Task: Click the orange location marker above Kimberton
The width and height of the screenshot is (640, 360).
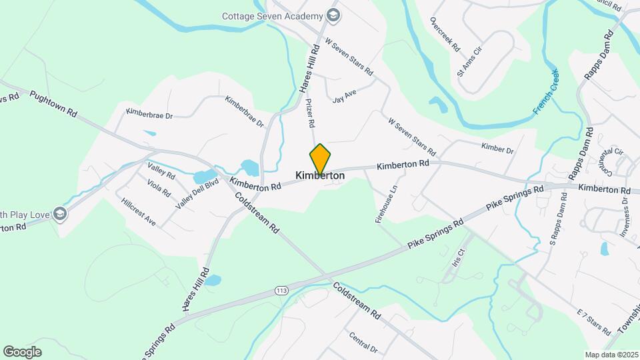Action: (320, 159)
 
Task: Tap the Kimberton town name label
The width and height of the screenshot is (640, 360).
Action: (320, 175)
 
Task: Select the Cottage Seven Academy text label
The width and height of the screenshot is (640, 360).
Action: (272, 15)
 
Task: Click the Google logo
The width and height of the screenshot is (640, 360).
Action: (22, 351)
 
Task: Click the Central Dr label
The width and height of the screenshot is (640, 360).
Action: (363, 340)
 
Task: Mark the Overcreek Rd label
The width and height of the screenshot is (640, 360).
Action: (445, 35)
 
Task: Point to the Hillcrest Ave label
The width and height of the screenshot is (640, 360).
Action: (139, 212)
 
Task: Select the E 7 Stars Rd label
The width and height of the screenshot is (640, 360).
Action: (593, 322)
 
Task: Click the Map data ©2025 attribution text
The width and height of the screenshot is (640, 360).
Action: (611, 354)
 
